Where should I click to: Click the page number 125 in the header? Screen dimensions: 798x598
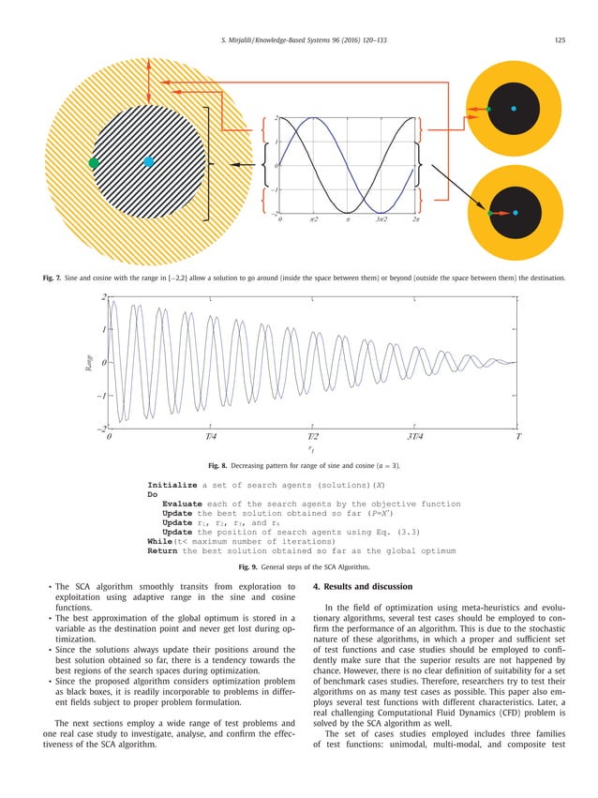click(x=560, y=38)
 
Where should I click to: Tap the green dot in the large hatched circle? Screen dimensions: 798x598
click(x=93, y=163)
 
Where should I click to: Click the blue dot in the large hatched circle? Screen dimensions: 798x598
click(x=148, y=162)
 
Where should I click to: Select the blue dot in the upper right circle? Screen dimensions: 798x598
click(x=514, y=110)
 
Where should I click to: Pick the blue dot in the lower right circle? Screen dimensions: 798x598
click(x=515, y=213)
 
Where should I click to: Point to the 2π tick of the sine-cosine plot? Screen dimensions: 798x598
click(x=415, y=218)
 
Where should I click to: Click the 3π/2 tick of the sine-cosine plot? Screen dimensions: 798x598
click(x=382, y=218)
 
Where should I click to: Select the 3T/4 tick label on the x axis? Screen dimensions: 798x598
click(x=414, y=437)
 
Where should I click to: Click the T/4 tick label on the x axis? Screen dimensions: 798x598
click(x=211, y=437)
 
